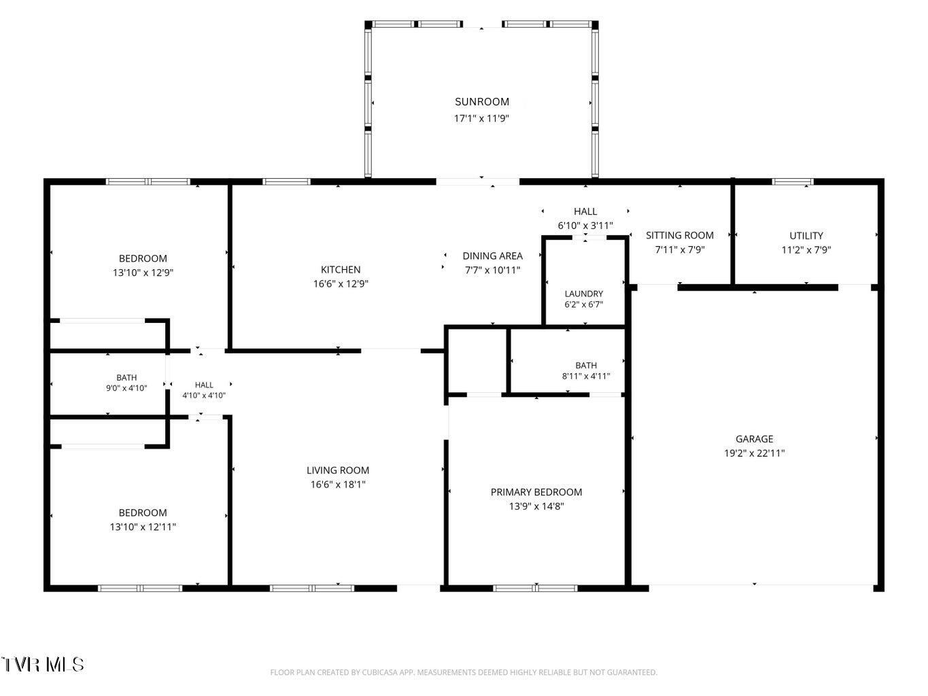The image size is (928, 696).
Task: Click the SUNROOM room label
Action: click(x=481, y=102)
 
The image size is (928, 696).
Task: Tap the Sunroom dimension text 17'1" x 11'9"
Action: click(x=481, y=118)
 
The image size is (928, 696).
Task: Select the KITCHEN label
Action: click(x=341, y=270)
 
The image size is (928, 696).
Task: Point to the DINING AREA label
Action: click(x=492, y=256)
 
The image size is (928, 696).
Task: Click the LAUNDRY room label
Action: click(x=584, y=294)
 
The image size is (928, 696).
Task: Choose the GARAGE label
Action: click(x=754, y=439)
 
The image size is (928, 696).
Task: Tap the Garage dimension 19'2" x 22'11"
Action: click(x=754, y=453)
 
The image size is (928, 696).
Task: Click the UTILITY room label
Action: click(x=806, y=236)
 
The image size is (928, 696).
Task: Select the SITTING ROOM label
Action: click(x=679, y=235)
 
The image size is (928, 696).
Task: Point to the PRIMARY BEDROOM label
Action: click(x=536, y=492)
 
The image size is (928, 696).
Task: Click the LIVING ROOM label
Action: click(x=338, y=470)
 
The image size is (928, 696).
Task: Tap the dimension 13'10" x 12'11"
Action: click(x=143, y=527)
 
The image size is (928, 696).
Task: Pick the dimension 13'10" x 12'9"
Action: click(x=143, y=273)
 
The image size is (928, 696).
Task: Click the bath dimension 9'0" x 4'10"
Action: click(x=126, y=388)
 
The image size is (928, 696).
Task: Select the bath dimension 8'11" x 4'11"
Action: click(x=586, y=376)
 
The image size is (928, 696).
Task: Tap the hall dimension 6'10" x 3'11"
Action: click(x=585, y=226)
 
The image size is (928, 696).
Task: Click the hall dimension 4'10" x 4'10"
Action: click(x=204, y=396)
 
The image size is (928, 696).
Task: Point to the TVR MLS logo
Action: click(x=42, y=665)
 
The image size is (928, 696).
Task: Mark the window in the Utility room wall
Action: click(x=793, y=181)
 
